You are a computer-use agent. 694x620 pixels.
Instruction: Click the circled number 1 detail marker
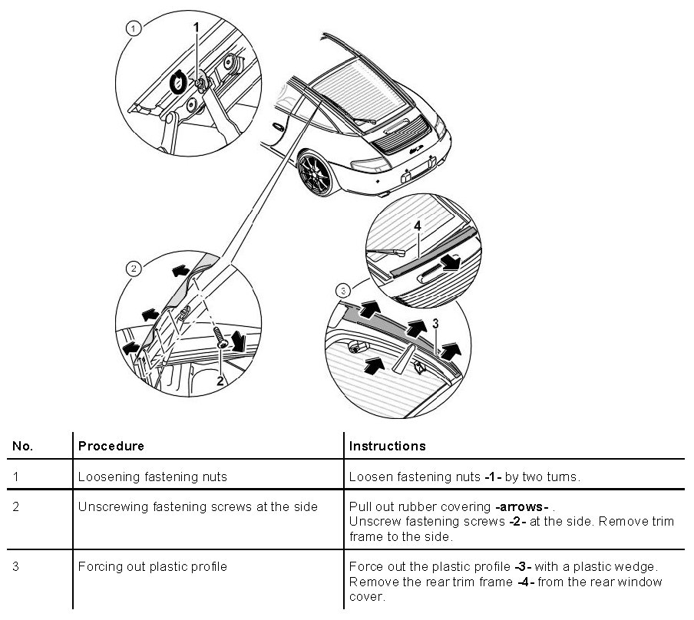click(134, 28)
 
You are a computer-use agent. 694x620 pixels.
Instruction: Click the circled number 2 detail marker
click(134, 269)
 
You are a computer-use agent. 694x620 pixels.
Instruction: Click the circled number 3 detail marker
click(344, 291)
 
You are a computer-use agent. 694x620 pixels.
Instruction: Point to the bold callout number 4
click(418, 226)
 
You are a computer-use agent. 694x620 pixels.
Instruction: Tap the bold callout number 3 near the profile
click(435, 325)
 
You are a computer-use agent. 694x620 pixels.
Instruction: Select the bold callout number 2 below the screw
click(220, 380)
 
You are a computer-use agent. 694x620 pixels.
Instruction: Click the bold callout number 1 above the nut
click(196, 27)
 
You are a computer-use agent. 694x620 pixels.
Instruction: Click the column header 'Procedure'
click(111, 446)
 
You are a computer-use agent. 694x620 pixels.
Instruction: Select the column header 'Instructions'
click(387, 446)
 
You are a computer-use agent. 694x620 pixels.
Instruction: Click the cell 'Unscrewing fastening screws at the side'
click(197, 507)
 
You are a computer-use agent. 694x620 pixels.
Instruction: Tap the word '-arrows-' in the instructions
click(521, 507)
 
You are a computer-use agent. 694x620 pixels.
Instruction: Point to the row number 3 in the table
click(16, 567)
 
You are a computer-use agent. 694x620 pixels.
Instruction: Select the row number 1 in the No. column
click(16, 477)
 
